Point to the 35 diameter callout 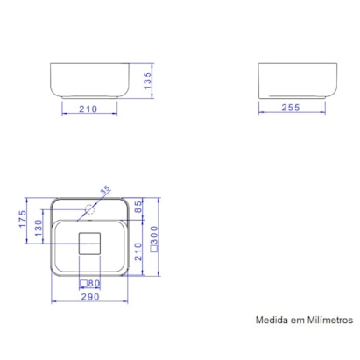pos(105,190)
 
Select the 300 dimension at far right pos(154,232)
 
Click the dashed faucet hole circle pos(90,208)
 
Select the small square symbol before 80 pos(84,283)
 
